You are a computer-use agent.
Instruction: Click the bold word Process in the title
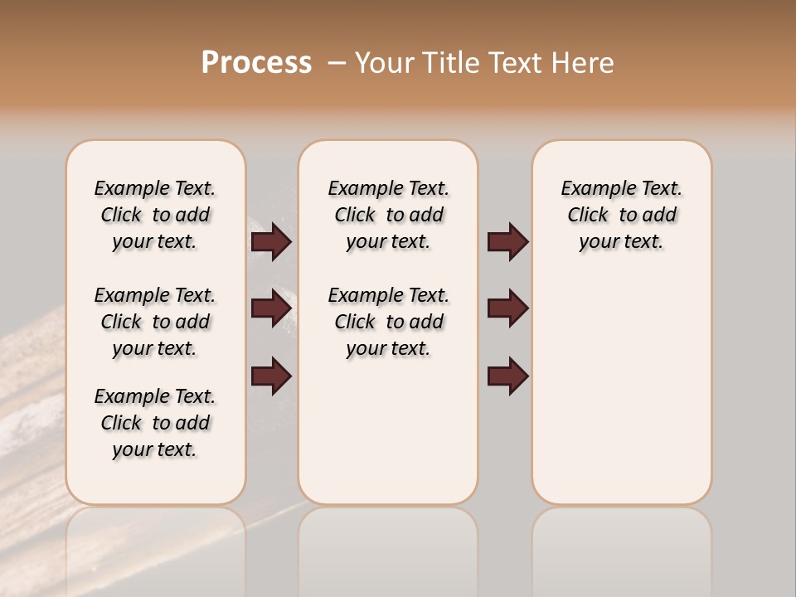pyautogui.click(x=256, y=63)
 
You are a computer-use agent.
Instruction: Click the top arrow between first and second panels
pyautogui.click(x=271, y=241)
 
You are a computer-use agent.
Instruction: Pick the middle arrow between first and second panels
pyautogui.click(x=271, y=308)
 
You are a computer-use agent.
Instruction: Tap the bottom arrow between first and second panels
pyautogui.click(x=271, y=376)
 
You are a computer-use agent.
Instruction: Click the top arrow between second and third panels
pyautogui.click(x=507, y=241)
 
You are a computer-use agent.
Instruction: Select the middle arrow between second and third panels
pyautogui.click(x=507, y=308)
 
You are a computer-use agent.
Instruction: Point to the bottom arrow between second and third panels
pyautogui.click(x=507, y=376)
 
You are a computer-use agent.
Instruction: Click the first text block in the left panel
pyautogui.click(x=155, y=215)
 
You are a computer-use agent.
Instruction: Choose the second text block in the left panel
pyautogui.click(x=155, y=322)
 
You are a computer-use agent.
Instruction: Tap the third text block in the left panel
pyautogui.click(x=155, y=423)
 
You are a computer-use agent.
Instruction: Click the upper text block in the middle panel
pyautogui.click(x=388, y=215)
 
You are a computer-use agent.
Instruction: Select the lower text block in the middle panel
pyautogui.click(x=388, y=322)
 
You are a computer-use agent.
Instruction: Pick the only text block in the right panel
pyautogui.click(x=622, y=215)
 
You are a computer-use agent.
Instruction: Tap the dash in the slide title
pyautogui.click(x=337, y=63)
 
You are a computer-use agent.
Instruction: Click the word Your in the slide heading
pyautogui.click(x=386, y=63)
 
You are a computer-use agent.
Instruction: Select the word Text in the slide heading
pyautogui.click(x=515, y=63)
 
